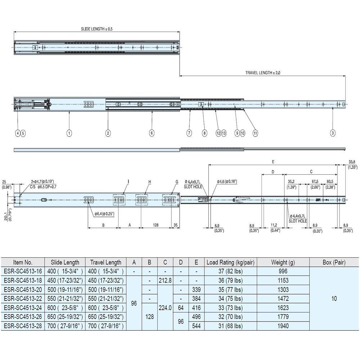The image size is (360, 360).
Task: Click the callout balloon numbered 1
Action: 69,133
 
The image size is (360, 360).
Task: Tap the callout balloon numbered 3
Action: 333,133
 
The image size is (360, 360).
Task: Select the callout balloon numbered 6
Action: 152,133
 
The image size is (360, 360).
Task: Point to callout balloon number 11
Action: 255,133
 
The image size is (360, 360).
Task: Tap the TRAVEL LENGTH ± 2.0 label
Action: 262,73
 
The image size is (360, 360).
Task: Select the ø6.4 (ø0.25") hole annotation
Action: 104,214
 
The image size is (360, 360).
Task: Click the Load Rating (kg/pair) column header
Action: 230,262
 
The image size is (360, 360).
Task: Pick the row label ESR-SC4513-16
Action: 22,271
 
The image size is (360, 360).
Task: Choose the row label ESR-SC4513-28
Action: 22,326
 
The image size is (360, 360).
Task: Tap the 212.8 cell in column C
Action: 165,280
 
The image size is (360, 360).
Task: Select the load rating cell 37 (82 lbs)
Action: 230,271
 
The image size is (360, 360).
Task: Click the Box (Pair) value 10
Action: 334,298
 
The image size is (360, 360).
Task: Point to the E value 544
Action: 196,326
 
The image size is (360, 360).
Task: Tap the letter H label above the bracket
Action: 149,182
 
